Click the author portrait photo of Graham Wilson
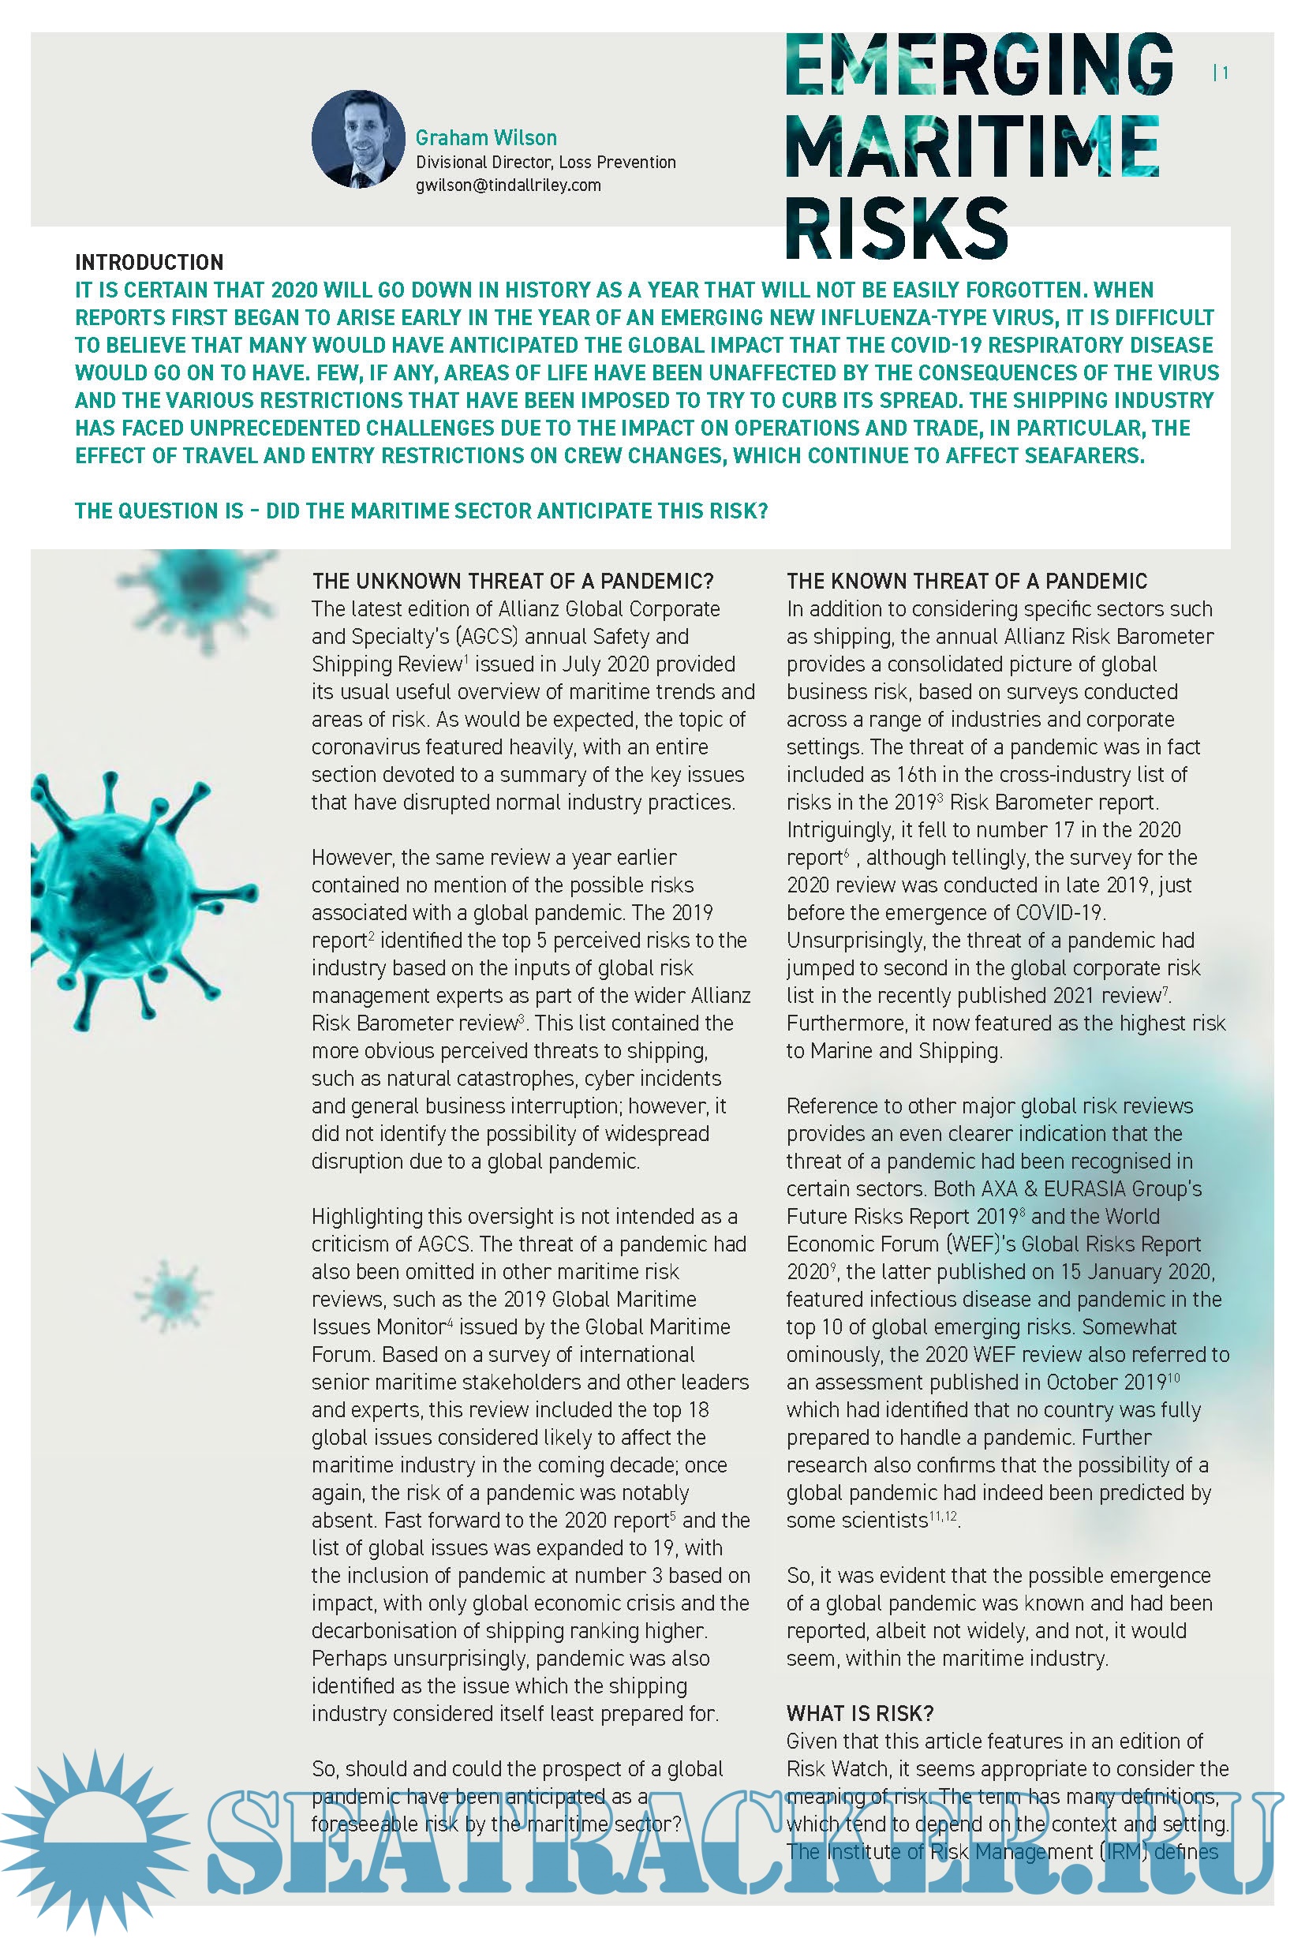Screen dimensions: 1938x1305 pyautogui.click(x=358, y=139)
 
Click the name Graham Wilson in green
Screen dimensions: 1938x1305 pyautogui.click(x=486, y=138)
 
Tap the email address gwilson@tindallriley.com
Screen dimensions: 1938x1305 pyautogui.click(x=507, y=185)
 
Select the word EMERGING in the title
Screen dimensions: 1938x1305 pyautogui.click(x=978, y=65)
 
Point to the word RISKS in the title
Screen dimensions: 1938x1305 pyautogui.click(x=896, y=226)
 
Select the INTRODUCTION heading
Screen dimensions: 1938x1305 pyautogui.click(x=149, y=263)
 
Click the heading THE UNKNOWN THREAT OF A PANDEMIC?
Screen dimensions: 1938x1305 pyautogui.click(x=513, y=581)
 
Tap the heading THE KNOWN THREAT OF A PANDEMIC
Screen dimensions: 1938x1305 pyautogui.click(x=967, y=581)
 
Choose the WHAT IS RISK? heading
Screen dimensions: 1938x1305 pyautogui.click(x=860, y=1713)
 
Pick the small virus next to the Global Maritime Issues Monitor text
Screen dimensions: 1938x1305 pyautogui.click(x=172, y=1296)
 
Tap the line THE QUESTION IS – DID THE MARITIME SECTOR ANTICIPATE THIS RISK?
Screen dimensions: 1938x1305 pyautogui.click(x=421, y=511)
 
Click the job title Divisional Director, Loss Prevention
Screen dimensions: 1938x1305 pyautogui.click(x=545, y=163)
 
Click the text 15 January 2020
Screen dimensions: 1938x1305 pyautogui.click(x=1138, y=1271)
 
